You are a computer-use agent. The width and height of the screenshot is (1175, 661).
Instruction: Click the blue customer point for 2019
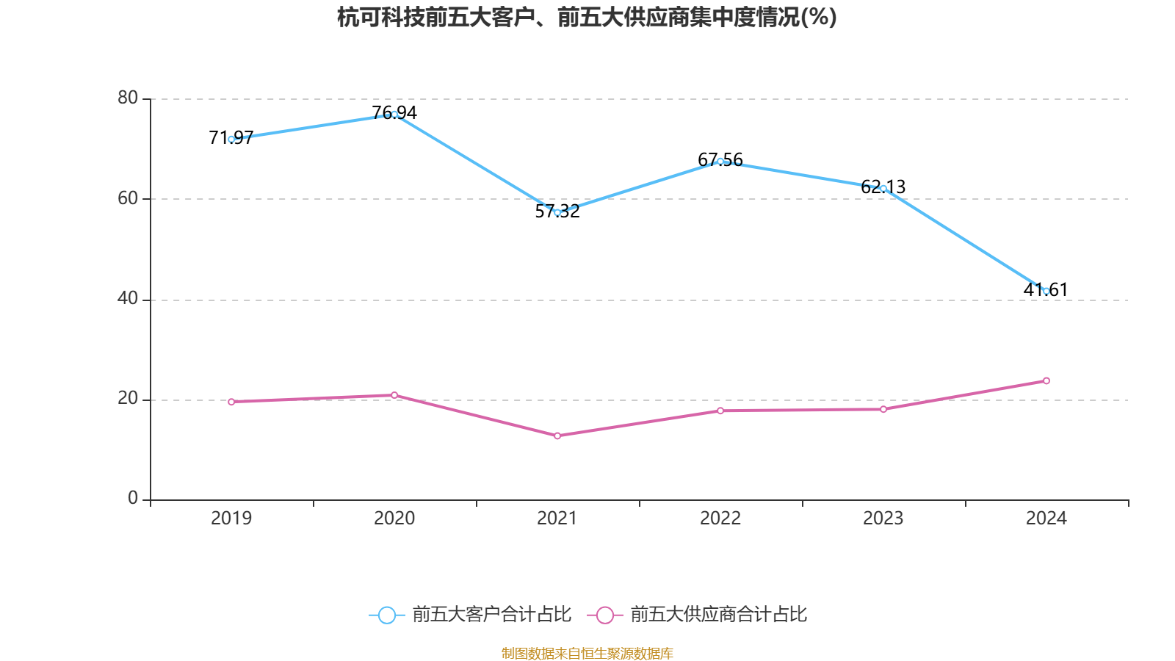pyautogui.click(x=231, y=139)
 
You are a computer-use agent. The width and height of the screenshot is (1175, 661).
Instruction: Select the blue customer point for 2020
pyautogui.click(x=394, y=114)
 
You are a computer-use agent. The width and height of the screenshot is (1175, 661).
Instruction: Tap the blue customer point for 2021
pyautogui.click(x=557, y=212)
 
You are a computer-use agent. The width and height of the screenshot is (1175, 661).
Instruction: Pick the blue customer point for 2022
pyautogui.click(x=720, y=161)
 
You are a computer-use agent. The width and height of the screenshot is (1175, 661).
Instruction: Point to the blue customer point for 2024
pyautogui.click(x=1046, y=291)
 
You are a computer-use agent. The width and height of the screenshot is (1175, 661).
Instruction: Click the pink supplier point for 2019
pyautogui.click(x=231, y=402)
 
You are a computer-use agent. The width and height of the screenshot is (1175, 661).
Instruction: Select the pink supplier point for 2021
pyautogui.click(x=557, y=436)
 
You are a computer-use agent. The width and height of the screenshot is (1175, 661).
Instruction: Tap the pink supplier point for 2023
pyautogui.click(x=883, y=409)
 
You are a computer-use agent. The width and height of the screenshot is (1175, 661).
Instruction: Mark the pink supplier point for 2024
pyautogui.click(x=1046, y=380)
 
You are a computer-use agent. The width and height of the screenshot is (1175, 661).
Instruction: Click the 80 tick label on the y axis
pyautogui.click(x=128, y=98)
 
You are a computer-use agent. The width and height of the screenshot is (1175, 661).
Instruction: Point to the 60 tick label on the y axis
pyautogui.click(x=128, y=198)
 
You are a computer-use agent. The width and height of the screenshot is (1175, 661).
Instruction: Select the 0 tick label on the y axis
pyautogui.click(x=133, y=499)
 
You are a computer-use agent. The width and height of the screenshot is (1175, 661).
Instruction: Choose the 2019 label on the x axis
pyautogui.click(x=231, y=519)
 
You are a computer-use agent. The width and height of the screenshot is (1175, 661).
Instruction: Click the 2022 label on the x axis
pyautogui.click(x=720, y=519)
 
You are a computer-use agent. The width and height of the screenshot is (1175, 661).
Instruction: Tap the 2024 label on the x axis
pyautogui.click(x=1046, y=519)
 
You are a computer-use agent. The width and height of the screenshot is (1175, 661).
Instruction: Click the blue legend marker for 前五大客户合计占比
pyautogui.click(x=386, y=615)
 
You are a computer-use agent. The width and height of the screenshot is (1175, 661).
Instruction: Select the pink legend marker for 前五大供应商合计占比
pyautogui.click(x=604, y=615)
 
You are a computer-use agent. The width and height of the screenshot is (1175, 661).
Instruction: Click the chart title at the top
pyautogui.click(x=587, y=17)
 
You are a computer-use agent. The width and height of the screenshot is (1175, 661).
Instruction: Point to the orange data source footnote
pyautogui.click(x=587, y=653)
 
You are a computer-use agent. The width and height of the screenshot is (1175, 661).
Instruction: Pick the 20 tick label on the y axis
pyautogui.click(x=128, y=399)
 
